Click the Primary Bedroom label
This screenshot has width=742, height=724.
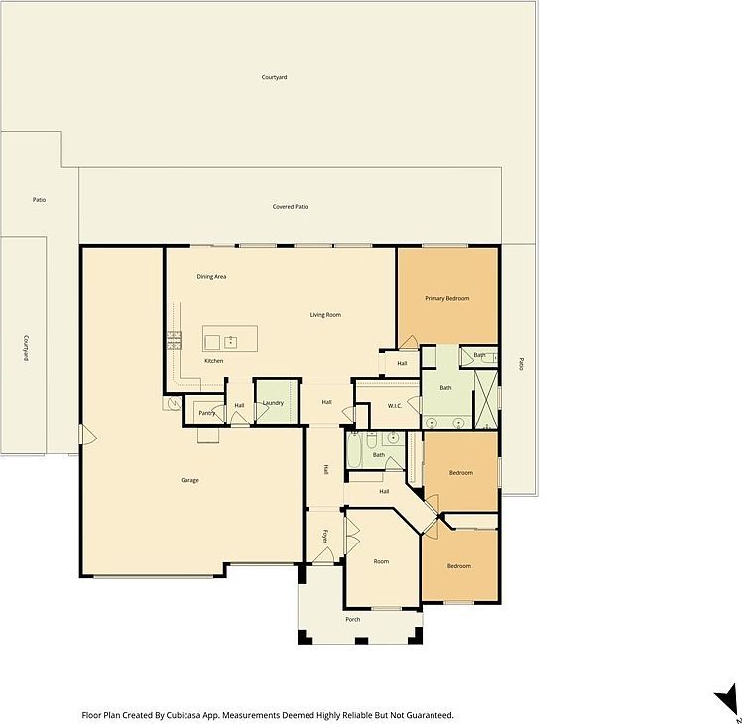click(x=446, y=298)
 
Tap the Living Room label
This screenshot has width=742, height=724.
click(x=325, y=315)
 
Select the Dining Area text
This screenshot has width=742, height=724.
click(x=212, y=276)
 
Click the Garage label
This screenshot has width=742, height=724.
click(x=189, y=480)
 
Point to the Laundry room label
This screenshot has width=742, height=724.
click(x=273, y=403)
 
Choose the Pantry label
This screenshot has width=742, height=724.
click(x=207, y=412)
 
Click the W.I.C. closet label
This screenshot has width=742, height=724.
click(x=394, y=405)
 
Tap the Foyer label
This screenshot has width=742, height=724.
click(x=325, y=537)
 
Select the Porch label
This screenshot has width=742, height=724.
click(x=352, y=619)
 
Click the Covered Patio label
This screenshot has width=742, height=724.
click(x=290, y=207)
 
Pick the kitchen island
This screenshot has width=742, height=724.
click(x=230, y=339)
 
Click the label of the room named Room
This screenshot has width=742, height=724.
click(x=381, y=561)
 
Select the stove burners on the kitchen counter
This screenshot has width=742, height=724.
click(x=174, y=339)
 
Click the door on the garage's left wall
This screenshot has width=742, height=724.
click(x=84, y=435)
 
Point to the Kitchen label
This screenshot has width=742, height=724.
click(x=214, y=361)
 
